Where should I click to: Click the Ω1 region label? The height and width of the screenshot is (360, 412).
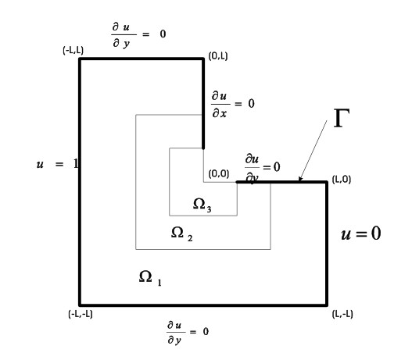point(150,278)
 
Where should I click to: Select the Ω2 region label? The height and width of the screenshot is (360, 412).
point(181,233)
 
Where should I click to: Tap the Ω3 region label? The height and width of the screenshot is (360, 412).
point(202,205)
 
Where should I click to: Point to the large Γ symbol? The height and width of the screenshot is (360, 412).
point(342,118)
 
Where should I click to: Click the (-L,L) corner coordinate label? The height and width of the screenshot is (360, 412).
point(73,50)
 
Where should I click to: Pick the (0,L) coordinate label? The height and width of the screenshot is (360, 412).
point(218,56)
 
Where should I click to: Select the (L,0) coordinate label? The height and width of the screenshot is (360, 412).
point(342,180)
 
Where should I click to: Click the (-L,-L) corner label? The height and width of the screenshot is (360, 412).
point(81,314)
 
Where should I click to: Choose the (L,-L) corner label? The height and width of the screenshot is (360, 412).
point(342,314)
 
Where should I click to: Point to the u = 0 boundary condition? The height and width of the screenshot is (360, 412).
point(360,233)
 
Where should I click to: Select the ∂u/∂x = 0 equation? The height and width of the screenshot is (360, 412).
point(233,104)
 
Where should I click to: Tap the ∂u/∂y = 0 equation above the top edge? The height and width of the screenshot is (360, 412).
point(138,35)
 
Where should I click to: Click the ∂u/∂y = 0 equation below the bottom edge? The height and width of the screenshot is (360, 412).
point(188,333)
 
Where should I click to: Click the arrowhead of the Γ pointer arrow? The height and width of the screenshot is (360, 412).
point(300,179)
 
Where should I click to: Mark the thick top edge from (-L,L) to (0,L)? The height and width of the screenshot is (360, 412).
point(142,59)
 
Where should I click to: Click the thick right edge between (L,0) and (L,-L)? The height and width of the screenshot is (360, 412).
point(327,244)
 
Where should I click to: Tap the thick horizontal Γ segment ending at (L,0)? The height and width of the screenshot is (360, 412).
point(282,182)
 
